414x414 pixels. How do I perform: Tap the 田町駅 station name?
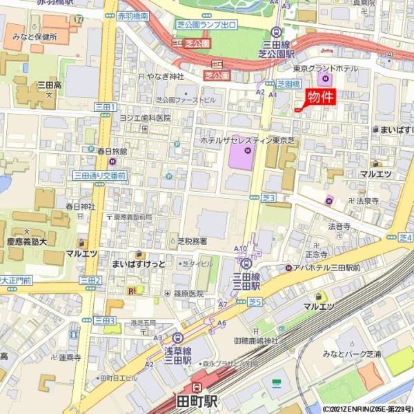point(197,401)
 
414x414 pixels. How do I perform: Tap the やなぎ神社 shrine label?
point(165,76)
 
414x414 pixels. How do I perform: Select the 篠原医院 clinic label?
point(189,293)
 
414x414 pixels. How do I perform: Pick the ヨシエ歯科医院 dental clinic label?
point(145,118)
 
